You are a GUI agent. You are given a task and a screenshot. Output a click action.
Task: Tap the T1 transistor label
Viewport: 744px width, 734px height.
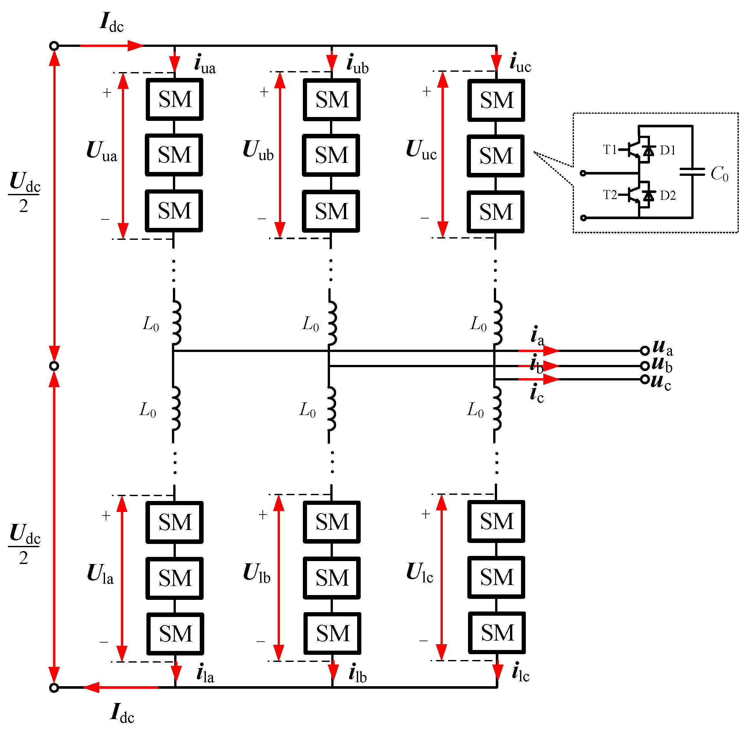(x=610, y=149)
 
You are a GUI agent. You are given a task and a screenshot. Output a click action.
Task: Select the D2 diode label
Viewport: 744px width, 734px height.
(x=668, y=195)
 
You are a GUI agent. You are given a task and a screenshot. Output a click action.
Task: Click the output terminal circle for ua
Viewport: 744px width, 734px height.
(x=645, y=350)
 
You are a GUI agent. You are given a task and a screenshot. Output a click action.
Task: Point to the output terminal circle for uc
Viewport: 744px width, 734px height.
(x=645, y=379)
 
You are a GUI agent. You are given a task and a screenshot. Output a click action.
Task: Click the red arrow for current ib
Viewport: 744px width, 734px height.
(x=539, y=366)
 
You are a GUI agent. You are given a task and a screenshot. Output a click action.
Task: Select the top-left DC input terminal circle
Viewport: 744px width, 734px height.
(x=54, y=46)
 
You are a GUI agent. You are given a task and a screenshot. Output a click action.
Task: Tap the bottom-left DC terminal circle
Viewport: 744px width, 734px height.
(x=54, y=687)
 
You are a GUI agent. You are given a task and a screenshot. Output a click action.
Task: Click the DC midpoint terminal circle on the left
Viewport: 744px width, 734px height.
(x=54, y=366)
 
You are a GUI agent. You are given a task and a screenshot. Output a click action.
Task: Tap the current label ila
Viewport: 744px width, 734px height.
(x=205, y=674)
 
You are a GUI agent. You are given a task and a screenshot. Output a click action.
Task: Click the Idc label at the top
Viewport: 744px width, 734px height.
(x=112, y=22)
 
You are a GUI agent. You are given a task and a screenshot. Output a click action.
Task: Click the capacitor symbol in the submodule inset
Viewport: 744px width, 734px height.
(x=692, y=172)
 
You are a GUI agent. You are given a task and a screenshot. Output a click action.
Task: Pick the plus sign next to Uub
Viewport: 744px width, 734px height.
(x=264, y=92)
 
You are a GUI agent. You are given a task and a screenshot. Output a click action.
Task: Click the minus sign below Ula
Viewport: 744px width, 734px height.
(x=104, y=642)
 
